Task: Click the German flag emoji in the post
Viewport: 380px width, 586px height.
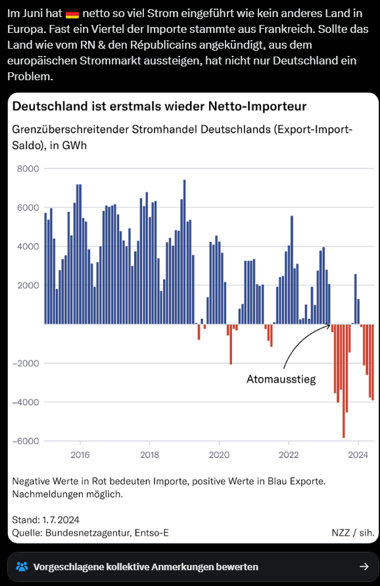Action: click(x=73, y=12)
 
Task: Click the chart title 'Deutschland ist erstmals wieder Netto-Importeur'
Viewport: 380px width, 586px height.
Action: click(x=159, y=107)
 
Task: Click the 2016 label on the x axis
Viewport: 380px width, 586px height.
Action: click(x=80, y=454)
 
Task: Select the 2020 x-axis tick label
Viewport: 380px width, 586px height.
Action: click(x=219, y=454)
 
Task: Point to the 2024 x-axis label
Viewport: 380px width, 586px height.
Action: click(x=358, y=454)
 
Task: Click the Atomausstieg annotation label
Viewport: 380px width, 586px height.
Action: click(x=281, y=379)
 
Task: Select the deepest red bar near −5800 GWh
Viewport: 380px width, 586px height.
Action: click(x=343, y=381)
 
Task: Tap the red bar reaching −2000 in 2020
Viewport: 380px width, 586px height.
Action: click(x=231, y=344)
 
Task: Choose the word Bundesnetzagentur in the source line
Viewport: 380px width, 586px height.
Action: click(x=87, y=532)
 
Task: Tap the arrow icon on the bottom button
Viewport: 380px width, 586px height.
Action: click(x=364, y=566)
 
